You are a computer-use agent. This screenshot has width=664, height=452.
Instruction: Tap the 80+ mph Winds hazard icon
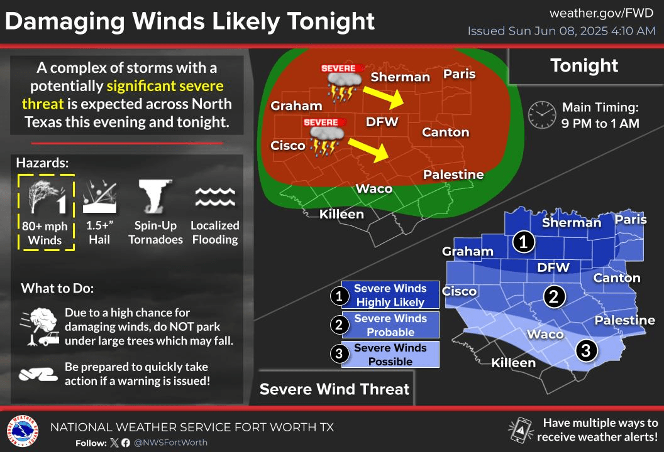[x=46, y=196]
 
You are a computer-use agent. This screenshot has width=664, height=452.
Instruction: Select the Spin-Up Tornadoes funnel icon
[x=156, y=196]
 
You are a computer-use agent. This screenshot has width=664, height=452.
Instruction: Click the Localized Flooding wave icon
[x=214, y=196]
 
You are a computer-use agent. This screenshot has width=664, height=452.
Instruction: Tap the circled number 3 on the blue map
[x=585, y=350]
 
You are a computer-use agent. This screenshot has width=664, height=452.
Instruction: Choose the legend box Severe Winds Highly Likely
[x=390, y=295]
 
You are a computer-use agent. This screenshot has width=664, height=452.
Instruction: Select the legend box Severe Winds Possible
[x=390, y=355]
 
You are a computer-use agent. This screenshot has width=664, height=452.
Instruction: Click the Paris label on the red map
[x=459, y=74]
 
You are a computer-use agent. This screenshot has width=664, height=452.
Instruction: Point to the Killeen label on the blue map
[x=513, y=363]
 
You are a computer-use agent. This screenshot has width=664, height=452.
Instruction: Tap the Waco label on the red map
[x=374, y=188]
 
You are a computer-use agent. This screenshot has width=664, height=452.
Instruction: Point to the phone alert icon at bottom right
[x=519, y=429]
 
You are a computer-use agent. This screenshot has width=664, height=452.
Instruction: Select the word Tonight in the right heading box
[x=584, y=65]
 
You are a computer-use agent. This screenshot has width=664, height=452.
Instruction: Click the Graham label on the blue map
[x=468, y=252]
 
